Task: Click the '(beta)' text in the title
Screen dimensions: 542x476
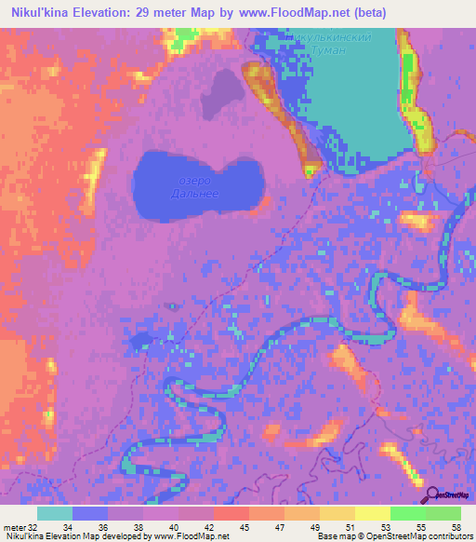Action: pos(369,11)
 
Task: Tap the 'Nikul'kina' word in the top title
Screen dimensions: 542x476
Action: pos(36,11)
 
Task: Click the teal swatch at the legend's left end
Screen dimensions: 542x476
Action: pos(55,513)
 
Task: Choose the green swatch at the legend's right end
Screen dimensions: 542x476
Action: pos(443,513)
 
